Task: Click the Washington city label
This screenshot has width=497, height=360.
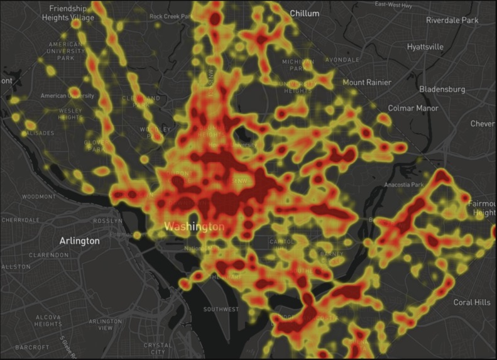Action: click(x=194, y=226)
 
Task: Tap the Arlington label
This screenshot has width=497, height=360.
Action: click(x=79, y=241)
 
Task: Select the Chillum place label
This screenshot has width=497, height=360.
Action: click(x=304, y=13)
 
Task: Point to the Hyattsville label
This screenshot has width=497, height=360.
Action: click(x=425, y=46)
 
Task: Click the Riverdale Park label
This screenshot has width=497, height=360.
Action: click(x=452, y=20)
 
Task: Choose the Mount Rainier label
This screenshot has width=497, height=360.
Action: click(x=366, y=82)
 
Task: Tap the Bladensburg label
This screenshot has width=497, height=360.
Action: click(x=442, y=89)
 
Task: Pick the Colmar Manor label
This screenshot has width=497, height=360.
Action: click(x=413, y=108)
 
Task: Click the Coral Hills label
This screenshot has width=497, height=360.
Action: click(x=472, y=302)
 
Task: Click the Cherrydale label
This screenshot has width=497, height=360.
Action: click(x=21, y=220)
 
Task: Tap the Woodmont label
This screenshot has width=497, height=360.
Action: click(x=38, y=197)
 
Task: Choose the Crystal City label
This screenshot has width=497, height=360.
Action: click(x=157, y=348)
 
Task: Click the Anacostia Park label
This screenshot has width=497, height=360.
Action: click(x=405, y=185)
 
